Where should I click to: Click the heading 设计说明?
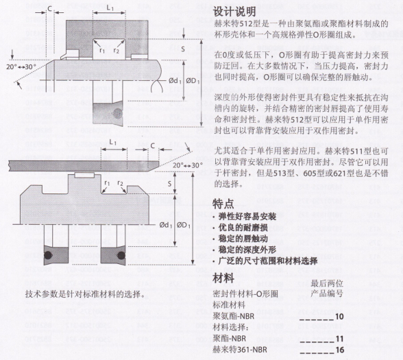tap(234, 12)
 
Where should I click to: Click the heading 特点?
tap(223, 204)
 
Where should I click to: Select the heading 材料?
tap(223, 278)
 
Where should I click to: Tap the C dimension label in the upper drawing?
tap(50, 9)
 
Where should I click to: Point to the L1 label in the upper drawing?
tap(110, 8)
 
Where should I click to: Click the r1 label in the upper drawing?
tap(102, 51)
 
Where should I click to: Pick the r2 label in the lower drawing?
tap(120, 183)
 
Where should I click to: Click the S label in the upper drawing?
tap(183, 49)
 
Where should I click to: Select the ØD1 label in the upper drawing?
tap(193, 81)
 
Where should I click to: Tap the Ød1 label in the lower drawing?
tap(166, 225)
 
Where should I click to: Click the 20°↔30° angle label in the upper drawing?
tap(21, 67)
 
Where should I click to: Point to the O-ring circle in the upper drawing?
tap(118, 113)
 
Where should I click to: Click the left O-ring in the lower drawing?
tap(48, 255)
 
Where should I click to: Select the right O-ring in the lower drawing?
tap(121, 255)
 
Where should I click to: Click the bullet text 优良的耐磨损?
tap(243, 228)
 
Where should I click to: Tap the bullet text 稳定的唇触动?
tap(243, 239)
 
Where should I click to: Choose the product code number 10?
tap(339, 316)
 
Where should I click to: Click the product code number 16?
tap(339, 350)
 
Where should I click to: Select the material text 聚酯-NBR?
tap(230, 339)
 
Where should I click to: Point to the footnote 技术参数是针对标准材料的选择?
tap(85, 294)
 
